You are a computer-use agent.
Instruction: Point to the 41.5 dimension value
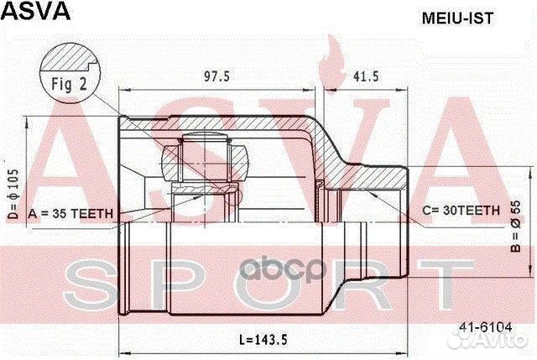[365, 76]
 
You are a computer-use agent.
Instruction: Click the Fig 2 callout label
[70, 84]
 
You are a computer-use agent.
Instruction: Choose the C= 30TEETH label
[461, 210]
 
